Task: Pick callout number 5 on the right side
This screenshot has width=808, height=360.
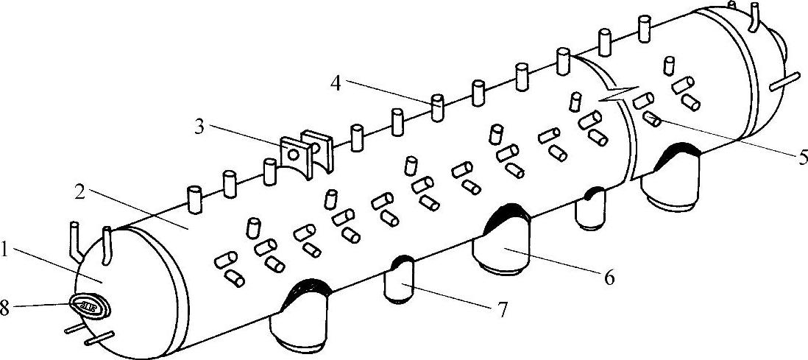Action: (801, 156)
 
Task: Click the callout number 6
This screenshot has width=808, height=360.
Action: (608, 278)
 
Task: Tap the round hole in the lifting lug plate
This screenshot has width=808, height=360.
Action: (293, 155)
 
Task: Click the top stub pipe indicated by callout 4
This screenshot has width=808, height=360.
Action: (437, 107)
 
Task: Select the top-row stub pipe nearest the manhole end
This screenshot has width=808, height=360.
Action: (194, 200)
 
